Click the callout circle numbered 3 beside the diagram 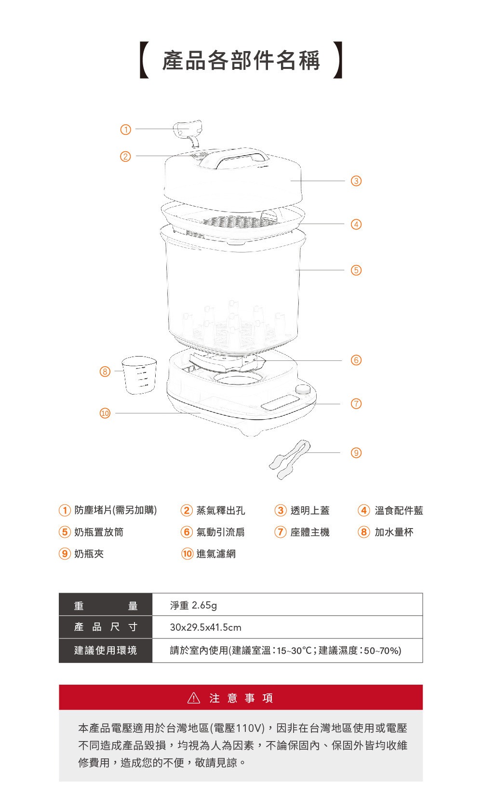point(356,181)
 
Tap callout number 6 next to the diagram point(356,360)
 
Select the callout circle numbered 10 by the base point(105,413)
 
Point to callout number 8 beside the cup point(105,371)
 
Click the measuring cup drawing point(139,375)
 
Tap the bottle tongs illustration point(290,459)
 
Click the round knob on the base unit point(302,390)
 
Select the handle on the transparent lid point(241,159)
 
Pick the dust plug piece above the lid point(188,132)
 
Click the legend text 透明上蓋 point(310,510)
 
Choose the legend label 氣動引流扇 point(220,532)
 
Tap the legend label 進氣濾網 point(216,554)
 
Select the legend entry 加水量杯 point(394,532)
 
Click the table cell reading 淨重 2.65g point(193,605)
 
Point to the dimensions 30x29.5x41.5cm point(206,627)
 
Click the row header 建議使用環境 point(106,650)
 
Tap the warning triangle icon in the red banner point(194,698)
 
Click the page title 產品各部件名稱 point(241,60)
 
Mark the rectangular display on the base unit point(281,402)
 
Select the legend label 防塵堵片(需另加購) point(116,510)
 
